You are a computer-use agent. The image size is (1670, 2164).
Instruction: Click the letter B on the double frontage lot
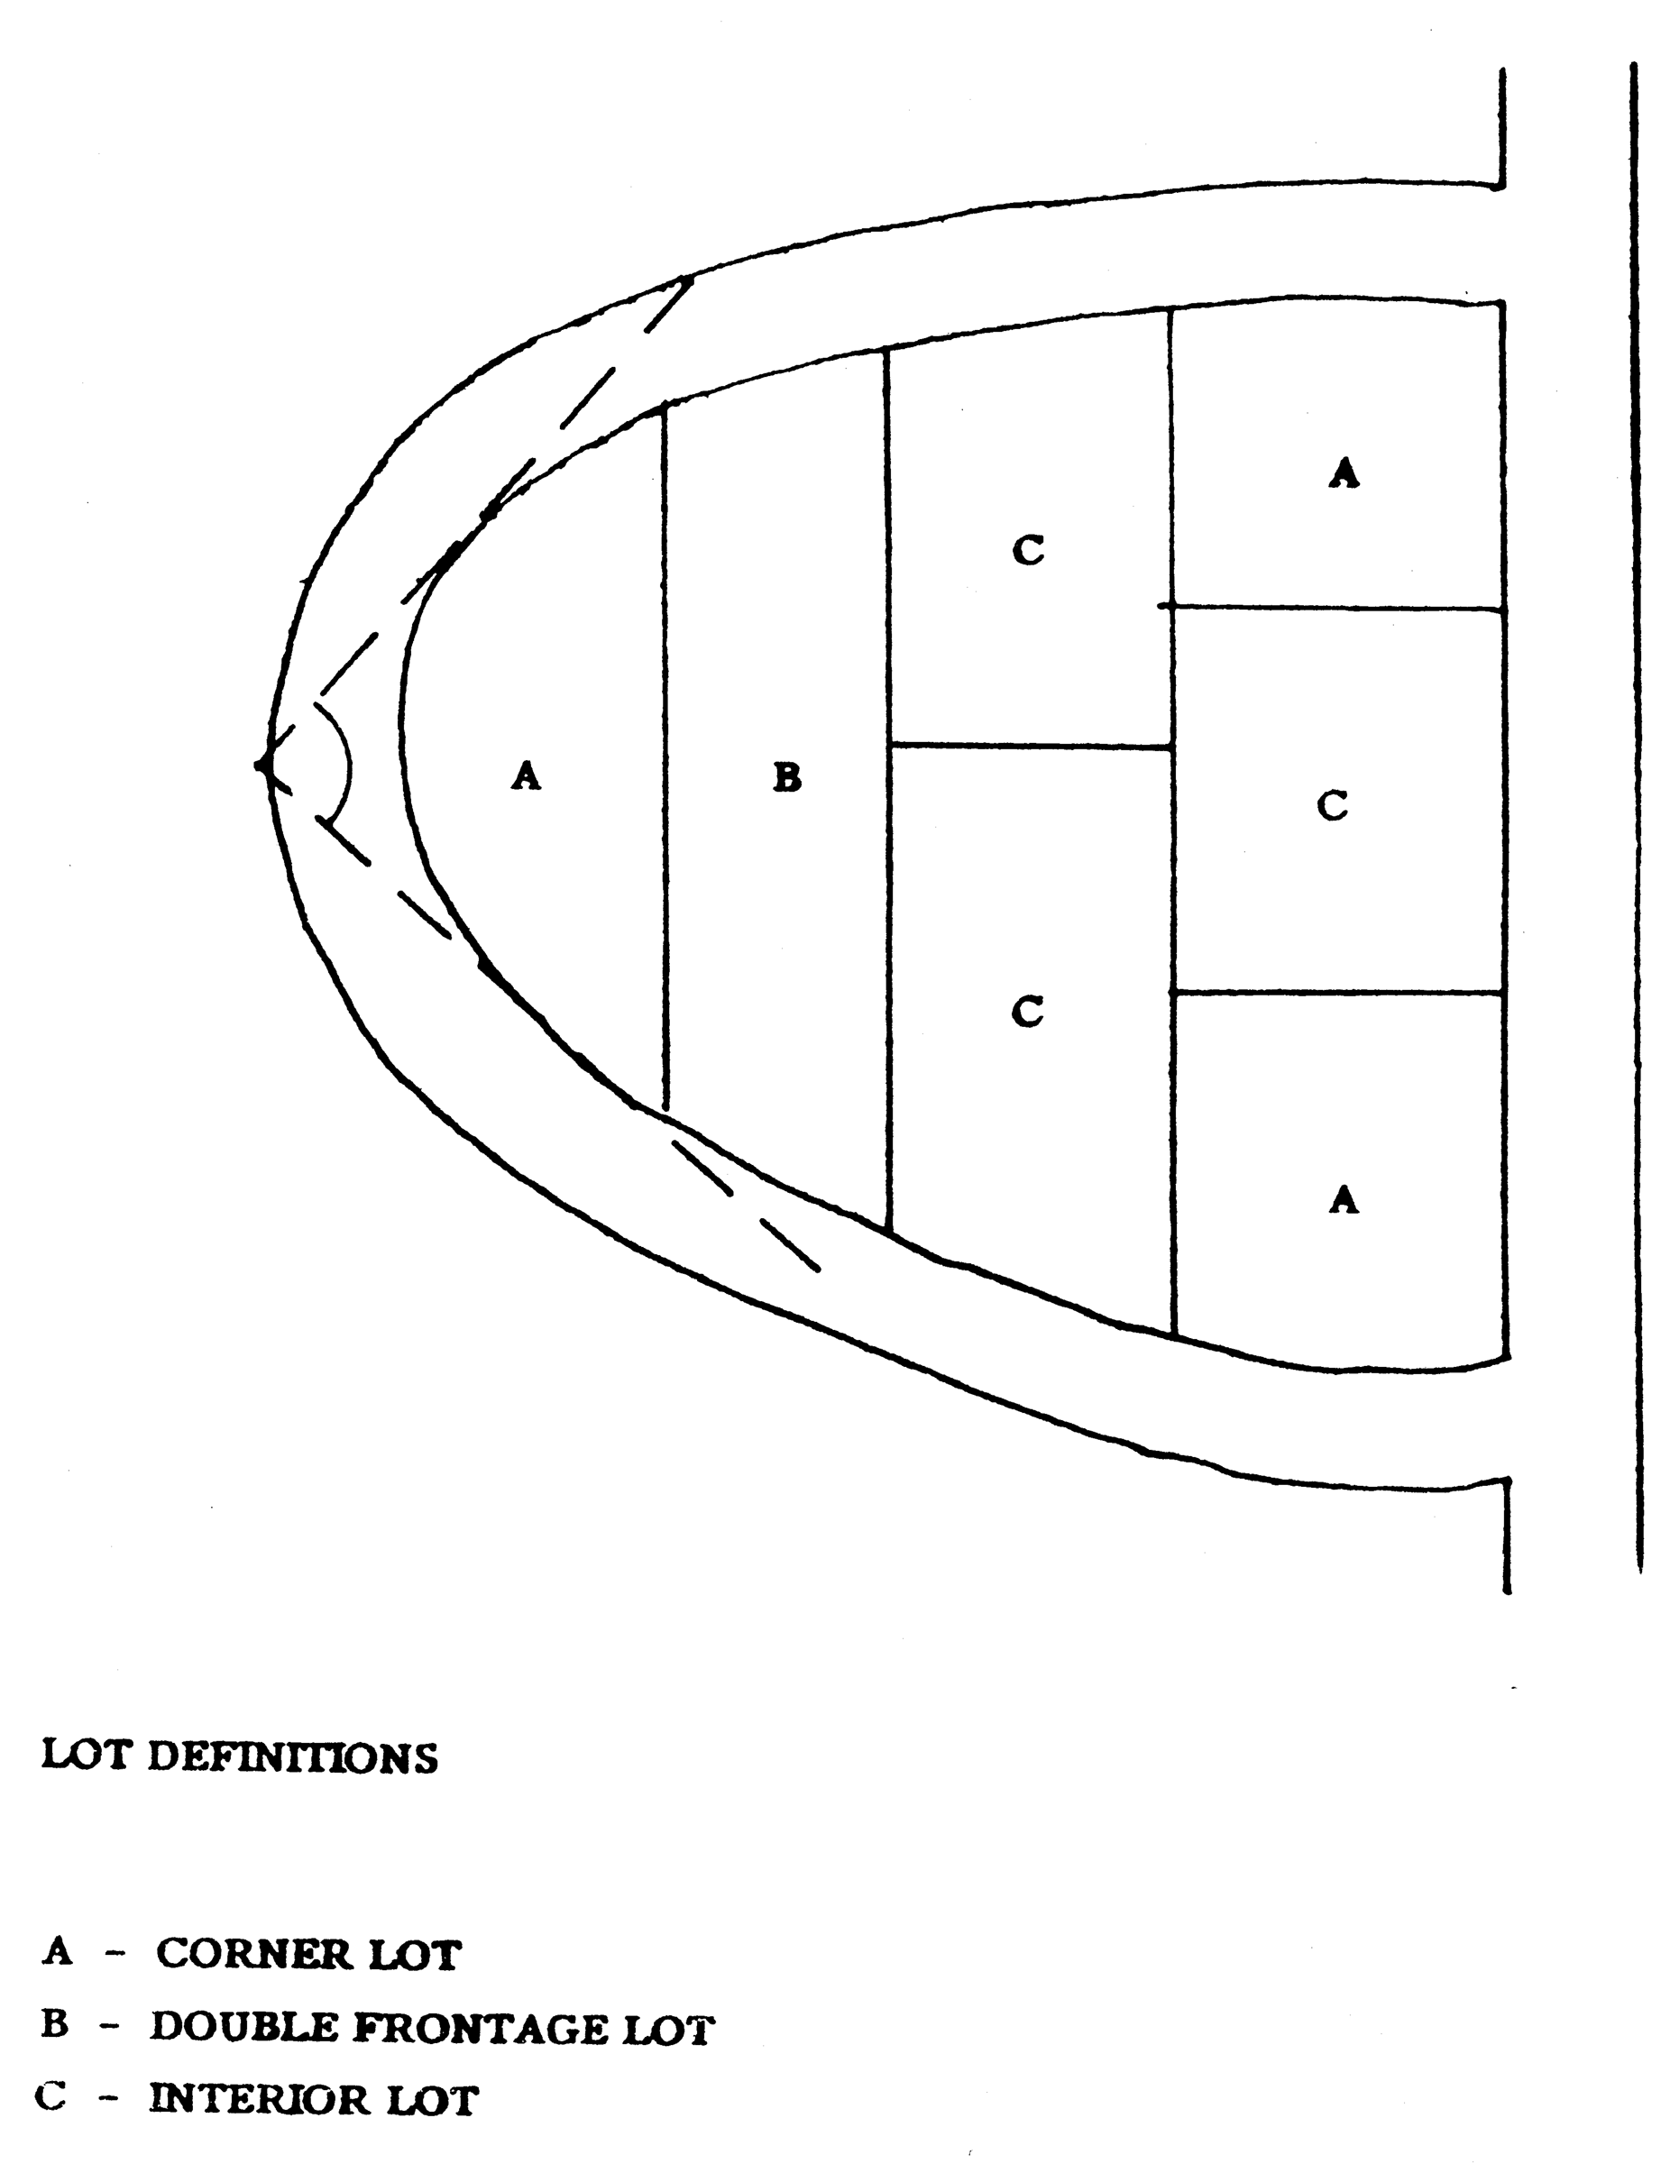(786, 778)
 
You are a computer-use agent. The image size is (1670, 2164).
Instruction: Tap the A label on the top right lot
(1343, 472)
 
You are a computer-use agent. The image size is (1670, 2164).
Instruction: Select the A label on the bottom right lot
(1343, 1200)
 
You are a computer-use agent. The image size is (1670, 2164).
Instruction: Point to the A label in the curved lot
(526, 775)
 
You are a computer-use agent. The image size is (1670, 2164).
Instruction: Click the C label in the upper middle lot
(1028, 550)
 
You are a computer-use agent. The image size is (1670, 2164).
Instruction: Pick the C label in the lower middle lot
(1027, 1012)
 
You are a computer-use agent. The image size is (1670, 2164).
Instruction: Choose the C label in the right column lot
(1332, 805)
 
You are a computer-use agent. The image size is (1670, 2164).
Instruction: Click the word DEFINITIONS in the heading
(292, 1757)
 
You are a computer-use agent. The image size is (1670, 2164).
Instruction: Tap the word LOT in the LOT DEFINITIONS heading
(87, 1756)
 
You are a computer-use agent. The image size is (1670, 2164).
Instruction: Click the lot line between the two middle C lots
(1031, 745)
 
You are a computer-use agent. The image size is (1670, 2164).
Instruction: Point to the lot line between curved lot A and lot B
(664, 753)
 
